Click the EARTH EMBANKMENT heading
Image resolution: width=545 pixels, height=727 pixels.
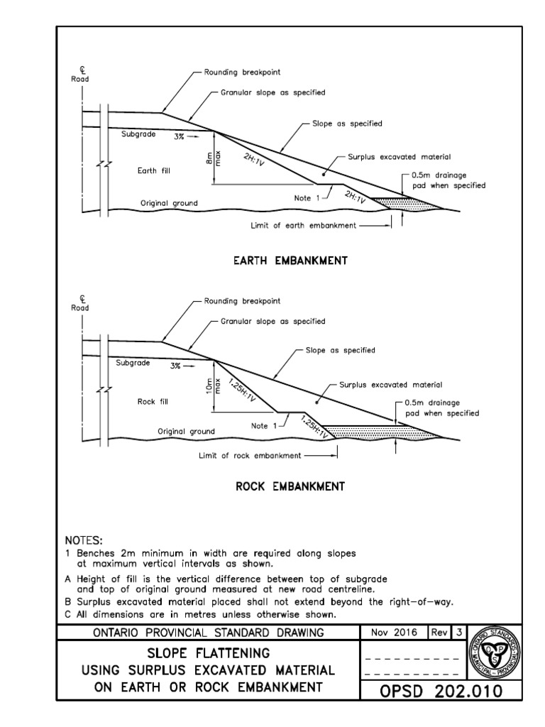point(290,261)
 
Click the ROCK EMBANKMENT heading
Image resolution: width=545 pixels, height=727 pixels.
point(290,487)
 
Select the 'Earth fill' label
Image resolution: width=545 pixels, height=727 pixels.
point(154,170)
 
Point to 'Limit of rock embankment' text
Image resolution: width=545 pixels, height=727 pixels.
point(250,455)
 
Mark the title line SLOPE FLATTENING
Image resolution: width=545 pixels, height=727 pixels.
point(209,652)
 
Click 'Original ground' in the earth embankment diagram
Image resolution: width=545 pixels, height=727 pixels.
point(169,203)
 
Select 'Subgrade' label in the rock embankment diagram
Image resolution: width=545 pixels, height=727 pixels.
point(133,362)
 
